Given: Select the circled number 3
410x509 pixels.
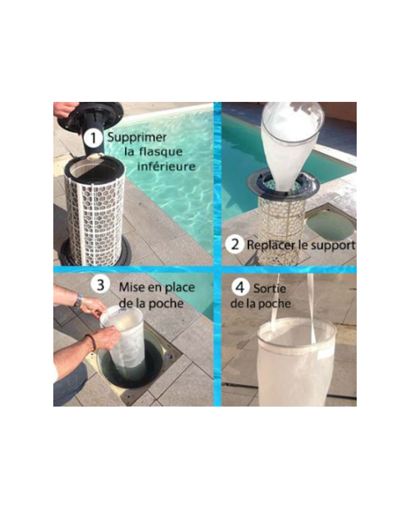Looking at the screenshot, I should [x=100, y=285].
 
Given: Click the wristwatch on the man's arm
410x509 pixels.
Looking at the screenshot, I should [x=78, y=301].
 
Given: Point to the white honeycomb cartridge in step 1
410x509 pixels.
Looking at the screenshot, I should [x=95, y=215].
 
